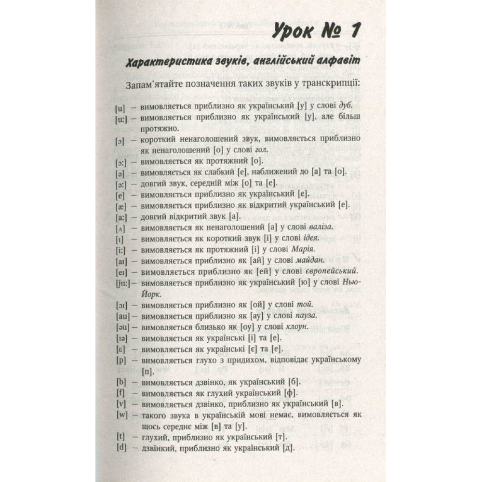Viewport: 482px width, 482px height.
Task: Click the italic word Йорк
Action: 144,294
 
